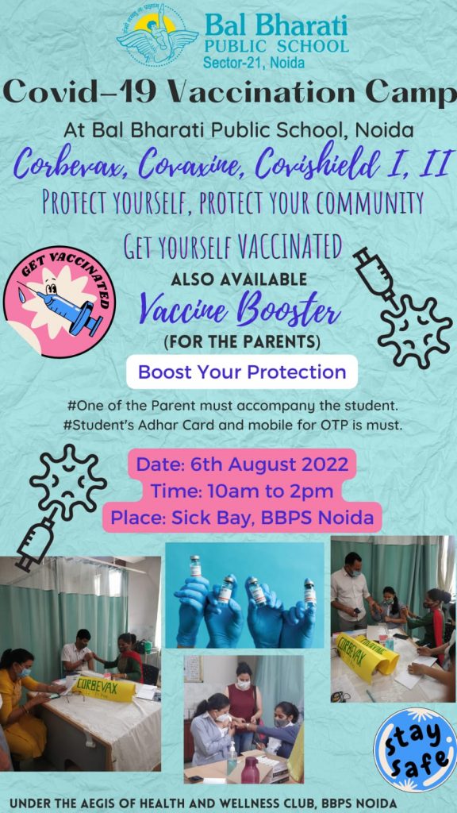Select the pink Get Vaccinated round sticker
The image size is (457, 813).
tap(60, 302)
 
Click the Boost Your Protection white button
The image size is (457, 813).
tap(242, 372)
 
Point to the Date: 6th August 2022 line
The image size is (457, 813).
tap(242, 464)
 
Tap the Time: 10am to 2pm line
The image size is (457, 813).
tap(242, 491)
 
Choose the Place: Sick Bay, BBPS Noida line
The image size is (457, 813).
tap(242, 517)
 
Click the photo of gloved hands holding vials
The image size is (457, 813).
tap(244, 595)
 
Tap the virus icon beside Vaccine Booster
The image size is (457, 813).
tap(415, 332)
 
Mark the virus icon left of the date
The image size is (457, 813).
tap(68, 482)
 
